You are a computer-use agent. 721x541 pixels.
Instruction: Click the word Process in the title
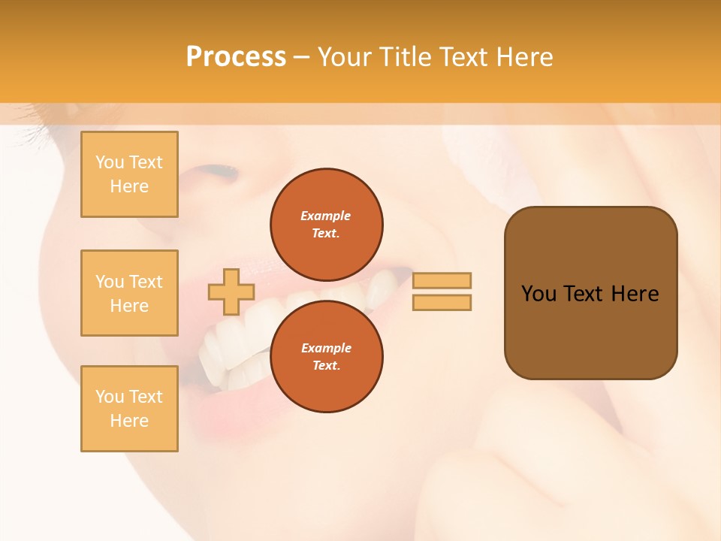(236, 57)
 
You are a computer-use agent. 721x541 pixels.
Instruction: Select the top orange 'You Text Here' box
(129, 174)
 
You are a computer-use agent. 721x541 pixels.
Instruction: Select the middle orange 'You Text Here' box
(129, 293)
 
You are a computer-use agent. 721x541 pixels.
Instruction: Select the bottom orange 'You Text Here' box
(129, 409)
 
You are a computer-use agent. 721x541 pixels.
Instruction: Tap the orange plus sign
(231, 292)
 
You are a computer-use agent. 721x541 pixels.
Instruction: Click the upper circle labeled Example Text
(326, 224)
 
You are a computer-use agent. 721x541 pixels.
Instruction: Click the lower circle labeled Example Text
(326, 356)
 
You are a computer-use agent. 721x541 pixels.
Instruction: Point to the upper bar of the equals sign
(442, 280)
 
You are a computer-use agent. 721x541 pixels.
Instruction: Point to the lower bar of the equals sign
(442, 303)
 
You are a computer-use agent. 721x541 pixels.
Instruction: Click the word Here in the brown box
(635, 294)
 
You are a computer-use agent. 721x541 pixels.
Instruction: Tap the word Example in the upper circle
(326, 216)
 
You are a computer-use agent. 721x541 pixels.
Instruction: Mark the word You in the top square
(110, 162)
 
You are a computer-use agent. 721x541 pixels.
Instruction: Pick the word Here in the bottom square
(129, 421)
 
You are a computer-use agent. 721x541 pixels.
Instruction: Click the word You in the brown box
(538, 294)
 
